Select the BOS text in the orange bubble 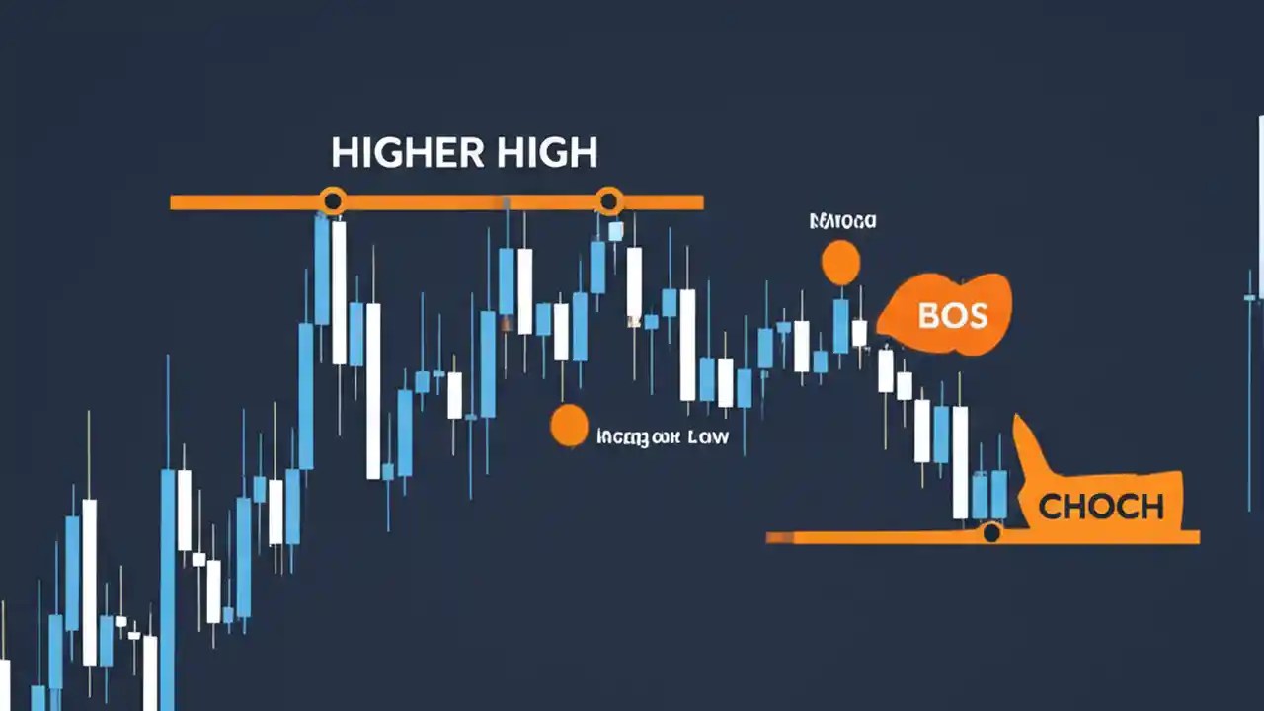click(952, 315)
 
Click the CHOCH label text click(1101, 507)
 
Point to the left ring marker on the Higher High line click(333, 201)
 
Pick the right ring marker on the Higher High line click(609, 201)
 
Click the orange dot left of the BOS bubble click(840, 263)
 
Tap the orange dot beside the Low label click(569, 425)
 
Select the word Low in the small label click(707, 435)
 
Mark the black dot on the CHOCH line click(991, 533)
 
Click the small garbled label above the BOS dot click(841, 221)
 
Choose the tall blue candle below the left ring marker click(322, 272)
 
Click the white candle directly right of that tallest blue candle click(339, 291)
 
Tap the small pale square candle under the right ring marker click(616, 231)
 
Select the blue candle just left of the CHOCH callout click(997, 494)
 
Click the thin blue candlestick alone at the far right click(1251, 296)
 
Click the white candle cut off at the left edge click(4, 683)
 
